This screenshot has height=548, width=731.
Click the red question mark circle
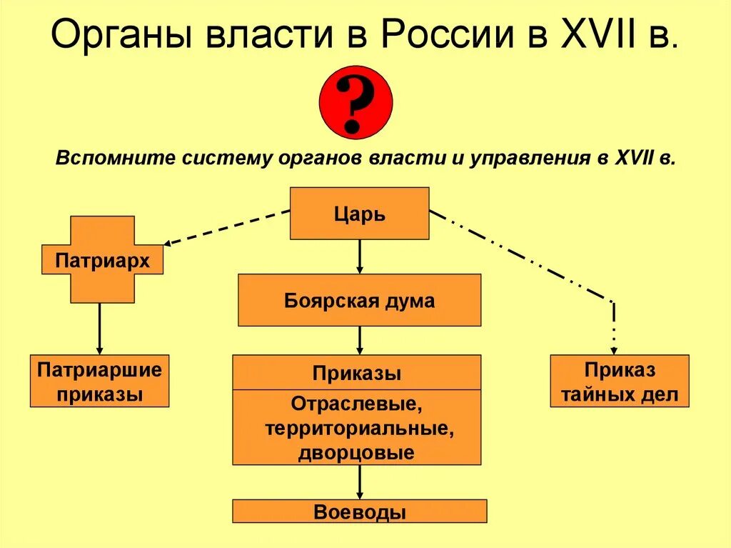click(356, 102)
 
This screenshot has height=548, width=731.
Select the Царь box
click(359, 213)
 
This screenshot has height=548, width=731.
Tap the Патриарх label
click(102, 261)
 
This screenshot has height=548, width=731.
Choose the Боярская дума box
click(359, 300)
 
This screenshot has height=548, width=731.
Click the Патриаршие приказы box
click(100, 381)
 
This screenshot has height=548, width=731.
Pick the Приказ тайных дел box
click(620, 381)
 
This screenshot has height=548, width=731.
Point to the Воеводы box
click(359, 511)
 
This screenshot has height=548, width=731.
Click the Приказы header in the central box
click(356, 373)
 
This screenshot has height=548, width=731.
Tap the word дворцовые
click(357, 452)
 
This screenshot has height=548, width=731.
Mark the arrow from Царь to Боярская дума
click(359, 256)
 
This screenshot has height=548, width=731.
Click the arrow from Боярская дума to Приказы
click(359, 340)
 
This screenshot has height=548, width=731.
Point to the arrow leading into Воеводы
click(359, 482)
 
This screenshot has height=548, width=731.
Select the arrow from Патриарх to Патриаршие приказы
click(99, 329)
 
